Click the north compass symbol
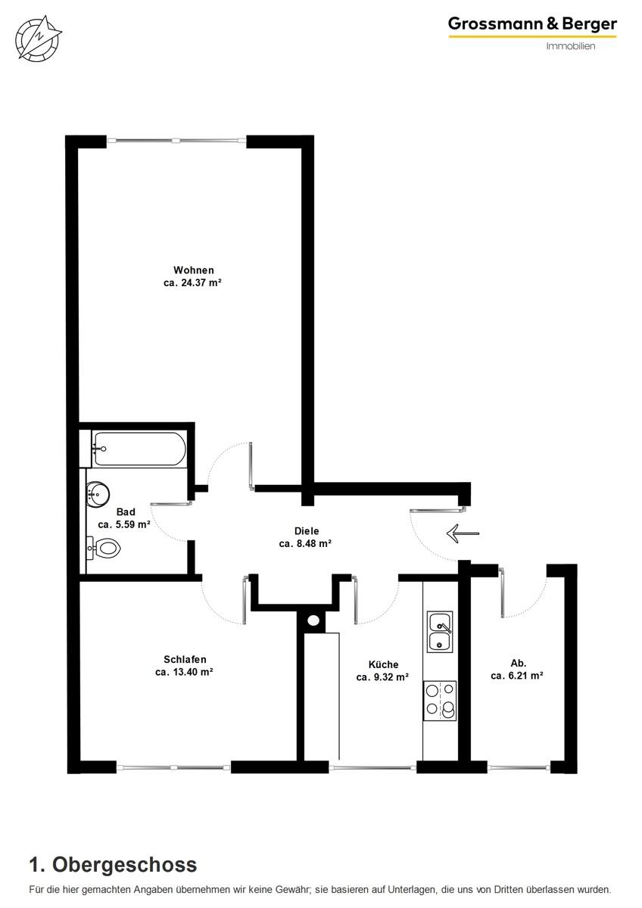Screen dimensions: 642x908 (39, 39)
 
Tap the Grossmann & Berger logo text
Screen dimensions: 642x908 (532, 24)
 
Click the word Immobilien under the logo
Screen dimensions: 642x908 (570, 46)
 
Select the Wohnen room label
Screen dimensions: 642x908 (194, 270)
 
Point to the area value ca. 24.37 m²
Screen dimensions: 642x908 (192, 283)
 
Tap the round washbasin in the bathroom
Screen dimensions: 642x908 (98, 494)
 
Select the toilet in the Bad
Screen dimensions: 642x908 (104, 549)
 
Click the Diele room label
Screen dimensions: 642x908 (307, 531)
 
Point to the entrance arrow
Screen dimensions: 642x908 (463, 533)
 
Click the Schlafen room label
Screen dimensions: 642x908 (185, 660)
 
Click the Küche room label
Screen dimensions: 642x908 (383, 665)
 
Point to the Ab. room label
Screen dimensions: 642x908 (519, 663)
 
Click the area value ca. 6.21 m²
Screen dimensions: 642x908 (516, 676)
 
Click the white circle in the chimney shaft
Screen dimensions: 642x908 (313, 620)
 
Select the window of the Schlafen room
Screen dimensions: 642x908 (173, 767)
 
